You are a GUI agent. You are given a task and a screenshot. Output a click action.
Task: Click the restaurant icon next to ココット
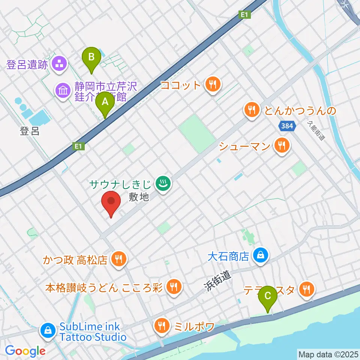[213, 84]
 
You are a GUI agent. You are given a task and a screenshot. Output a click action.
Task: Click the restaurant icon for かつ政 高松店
[119, 258]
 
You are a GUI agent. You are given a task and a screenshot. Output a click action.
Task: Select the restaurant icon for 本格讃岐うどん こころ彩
[174, 287]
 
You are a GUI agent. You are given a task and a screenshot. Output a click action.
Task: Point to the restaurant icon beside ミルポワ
[162, 325]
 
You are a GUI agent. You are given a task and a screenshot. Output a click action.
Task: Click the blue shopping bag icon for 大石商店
[259, 256]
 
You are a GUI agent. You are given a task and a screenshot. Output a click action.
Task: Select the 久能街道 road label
[315, 131]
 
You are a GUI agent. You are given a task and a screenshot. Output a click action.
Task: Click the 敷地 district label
[139, 197]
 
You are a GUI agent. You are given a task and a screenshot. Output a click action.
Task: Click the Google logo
[25, 351]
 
